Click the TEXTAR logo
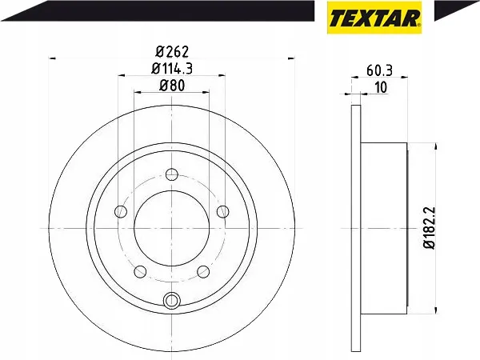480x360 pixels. (374, 18)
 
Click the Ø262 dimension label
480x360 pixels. (172, 52)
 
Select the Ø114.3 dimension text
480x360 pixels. (172, 69)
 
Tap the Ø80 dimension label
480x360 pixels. (172, 86)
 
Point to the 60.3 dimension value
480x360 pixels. (379, 70)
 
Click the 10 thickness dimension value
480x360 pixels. (381, 87)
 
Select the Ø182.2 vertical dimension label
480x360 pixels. (430, 228)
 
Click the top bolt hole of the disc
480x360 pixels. (172, 174)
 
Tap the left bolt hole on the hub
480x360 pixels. (121, 211)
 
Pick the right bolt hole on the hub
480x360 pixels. (223, 211)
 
